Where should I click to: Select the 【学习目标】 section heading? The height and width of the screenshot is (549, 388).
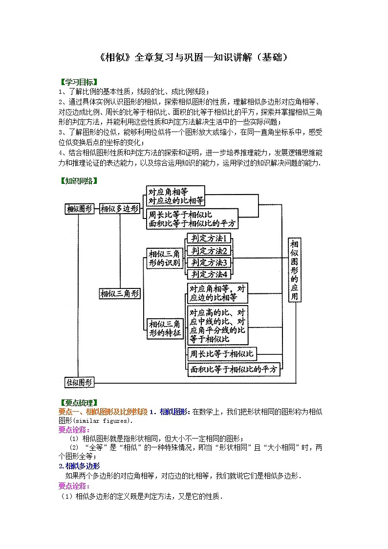[78, 82]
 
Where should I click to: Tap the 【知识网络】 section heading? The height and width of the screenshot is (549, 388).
[78, 181]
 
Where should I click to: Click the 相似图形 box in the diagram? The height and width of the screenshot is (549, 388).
[80, 209]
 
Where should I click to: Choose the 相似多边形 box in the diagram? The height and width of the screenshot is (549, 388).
[120, 209]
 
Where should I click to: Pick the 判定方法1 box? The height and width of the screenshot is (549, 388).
[210, 239]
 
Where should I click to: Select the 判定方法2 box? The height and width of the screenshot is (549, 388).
[210, 251]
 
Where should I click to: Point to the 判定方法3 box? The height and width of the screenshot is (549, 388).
[210, 263]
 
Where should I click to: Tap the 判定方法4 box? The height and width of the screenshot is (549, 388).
[210, 274]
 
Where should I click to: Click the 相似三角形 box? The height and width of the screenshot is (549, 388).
[120, 294]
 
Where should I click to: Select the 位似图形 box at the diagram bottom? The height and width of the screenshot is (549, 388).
[80, 382]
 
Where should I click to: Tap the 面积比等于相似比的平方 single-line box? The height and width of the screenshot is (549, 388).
[234, 369]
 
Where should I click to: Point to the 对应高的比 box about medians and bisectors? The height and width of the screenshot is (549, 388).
[217, 325]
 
